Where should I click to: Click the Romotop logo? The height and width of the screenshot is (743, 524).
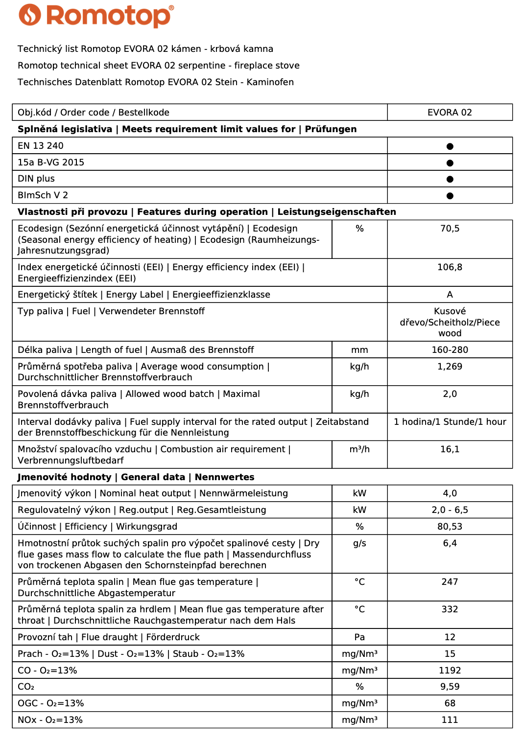coord(96,16)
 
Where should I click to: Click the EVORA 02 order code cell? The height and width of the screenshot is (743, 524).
coord(450,113)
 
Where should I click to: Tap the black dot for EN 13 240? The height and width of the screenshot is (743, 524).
coord(450,146)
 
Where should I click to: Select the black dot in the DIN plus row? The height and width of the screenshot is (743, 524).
coord(450,179)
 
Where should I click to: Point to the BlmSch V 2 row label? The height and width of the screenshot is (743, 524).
coord(43,195)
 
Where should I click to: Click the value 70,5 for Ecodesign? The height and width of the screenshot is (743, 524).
coord(450,229)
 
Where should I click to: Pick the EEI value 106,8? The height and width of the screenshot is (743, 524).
coord(450,267)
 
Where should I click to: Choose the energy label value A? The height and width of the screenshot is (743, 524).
coord(450,295)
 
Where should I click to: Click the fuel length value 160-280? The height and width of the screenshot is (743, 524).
coord(450,350)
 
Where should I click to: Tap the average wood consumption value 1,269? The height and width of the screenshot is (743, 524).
coord(450,367)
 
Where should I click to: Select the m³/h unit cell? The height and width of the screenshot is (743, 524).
coord(359,449)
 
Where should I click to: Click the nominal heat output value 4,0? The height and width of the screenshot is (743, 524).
coord(450,493)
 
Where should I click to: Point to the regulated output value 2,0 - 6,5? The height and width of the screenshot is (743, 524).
coord(450,510)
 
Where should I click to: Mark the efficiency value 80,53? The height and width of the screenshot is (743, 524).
coord(450,527)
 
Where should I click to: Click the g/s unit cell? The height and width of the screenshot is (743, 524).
coord(359,543)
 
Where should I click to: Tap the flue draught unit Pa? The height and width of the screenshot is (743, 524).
coord(359,637)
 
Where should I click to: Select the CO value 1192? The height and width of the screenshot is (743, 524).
coord(450,671)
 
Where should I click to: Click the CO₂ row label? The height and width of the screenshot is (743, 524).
coord(26,687)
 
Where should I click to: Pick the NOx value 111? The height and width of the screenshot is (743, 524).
coord(450,720)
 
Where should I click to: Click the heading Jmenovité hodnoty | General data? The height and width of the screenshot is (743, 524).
coord(101,477)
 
